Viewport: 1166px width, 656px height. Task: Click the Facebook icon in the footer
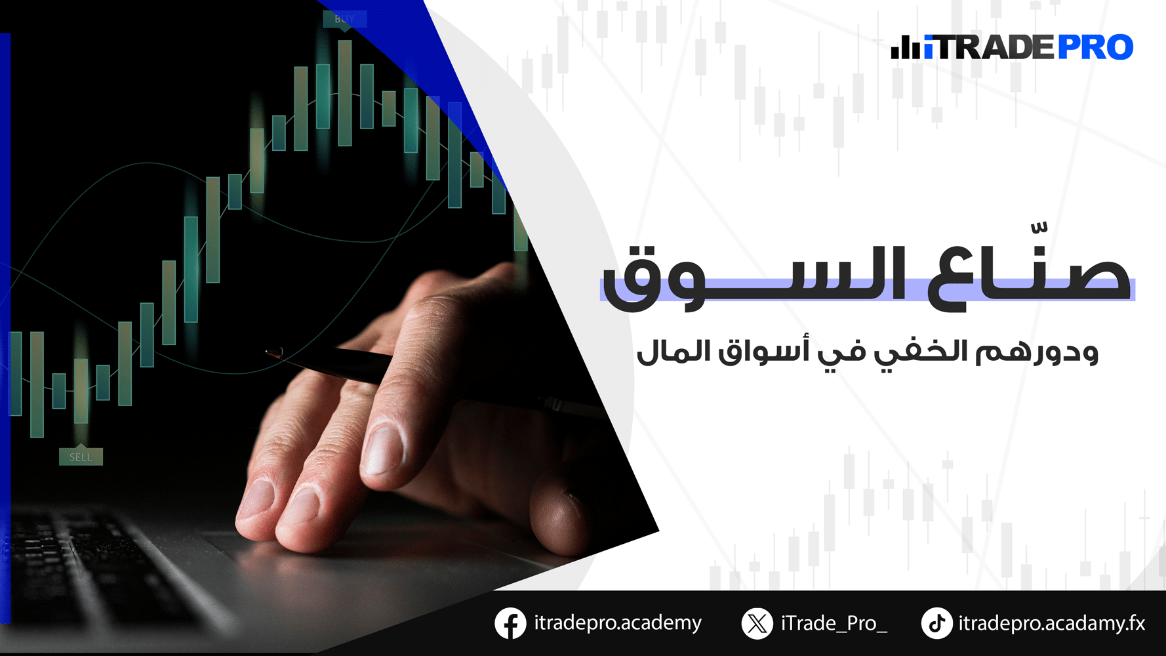click(x=510, y=623)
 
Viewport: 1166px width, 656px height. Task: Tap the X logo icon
click(x=757, y=623)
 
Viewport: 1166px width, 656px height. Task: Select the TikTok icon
click(x=937, y=623)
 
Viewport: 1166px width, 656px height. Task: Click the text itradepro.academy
click(x=618, y=623)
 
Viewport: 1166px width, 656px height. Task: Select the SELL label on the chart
click(x=81, y=457)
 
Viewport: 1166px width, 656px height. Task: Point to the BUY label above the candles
click(x=344, y=19)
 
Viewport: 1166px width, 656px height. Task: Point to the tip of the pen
click(x=268, y=352)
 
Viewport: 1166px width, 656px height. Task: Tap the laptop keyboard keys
click(x=98, y=564)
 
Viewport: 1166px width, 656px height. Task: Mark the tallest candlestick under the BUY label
click(x=345, y=92)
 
